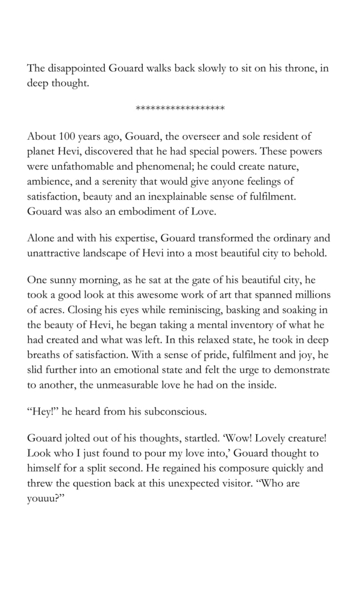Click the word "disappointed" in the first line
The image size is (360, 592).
click(75, 69)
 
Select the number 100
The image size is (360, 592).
click(62, 137)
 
